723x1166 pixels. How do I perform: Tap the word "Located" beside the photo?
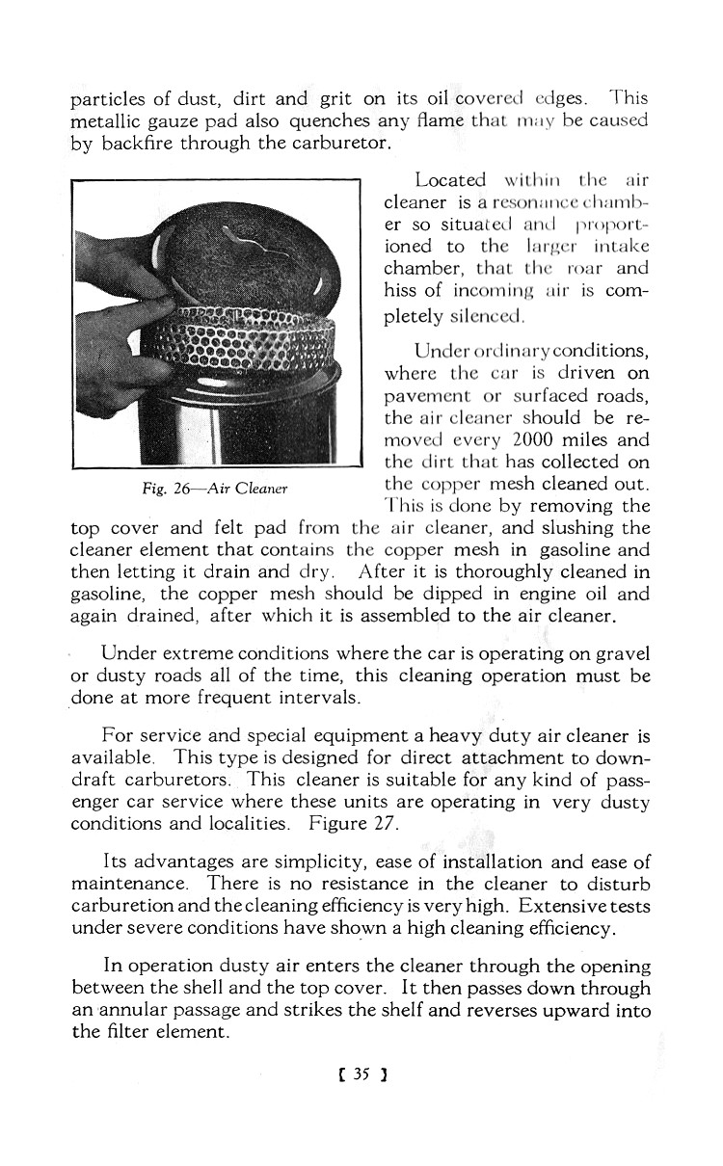450,180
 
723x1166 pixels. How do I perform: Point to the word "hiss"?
401,292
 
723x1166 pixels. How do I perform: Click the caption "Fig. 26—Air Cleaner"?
215,489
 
